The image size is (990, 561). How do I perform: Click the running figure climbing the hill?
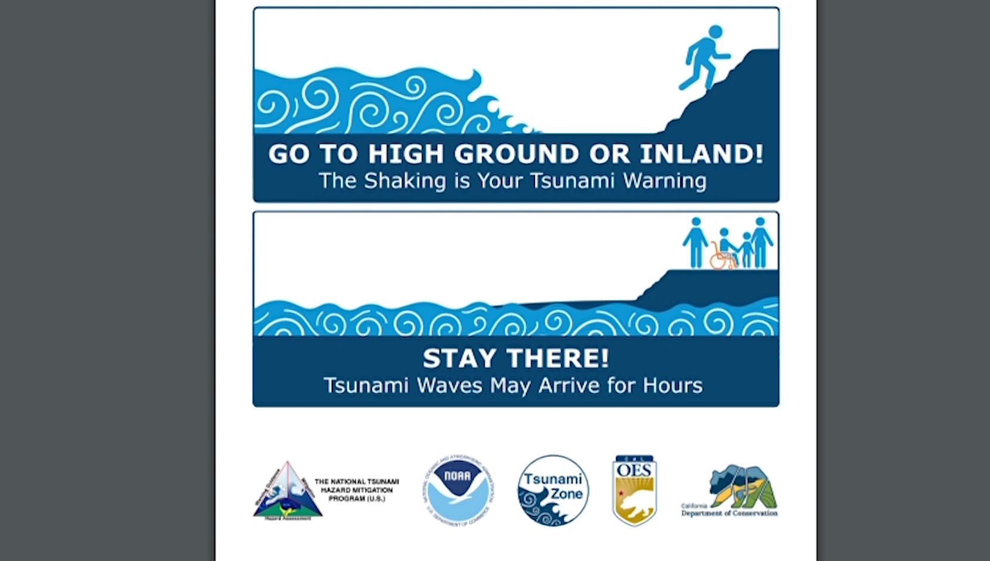coord(705,60)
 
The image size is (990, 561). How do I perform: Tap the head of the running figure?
coord(715,32)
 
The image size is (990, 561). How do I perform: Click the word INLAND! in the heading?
coord(701,154)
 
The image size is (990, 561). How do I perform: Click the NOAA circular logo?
coord(457,491)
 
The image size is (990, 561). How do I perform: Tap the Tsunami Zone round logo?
coord(553,491)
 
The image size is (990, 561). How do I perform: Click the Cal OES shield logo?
coord(634,491)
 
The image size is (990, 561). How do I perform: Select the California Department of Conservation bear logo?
coord(742,486)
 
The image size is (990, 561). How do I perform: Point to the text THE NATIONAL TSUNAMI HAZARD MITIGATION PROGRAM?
coord(356,490)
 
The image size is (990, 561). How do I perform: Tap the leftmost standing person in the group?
coord(695,241)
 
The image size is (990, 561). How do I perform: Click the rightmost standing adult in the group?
coord(761,241)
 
